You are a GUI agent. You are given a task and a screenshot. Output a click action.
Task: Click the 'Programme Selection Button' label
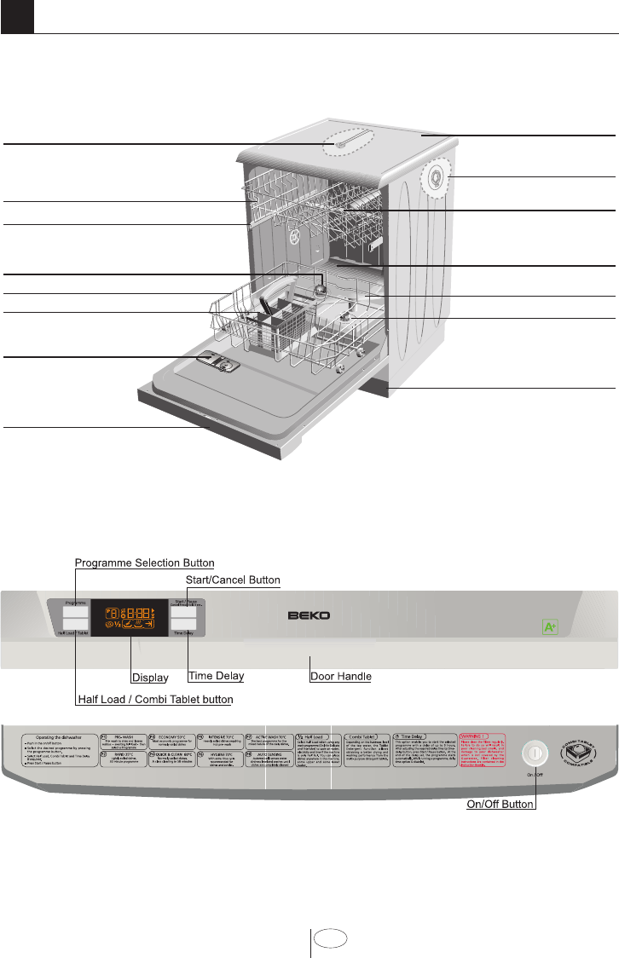pos(144,563)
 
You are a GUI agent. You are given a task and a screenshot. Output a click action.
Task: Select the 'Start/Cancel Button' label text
pos(233,580)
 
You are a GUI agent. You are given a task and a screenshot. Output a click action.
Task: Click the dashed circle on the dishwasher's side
pos(437,178)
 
